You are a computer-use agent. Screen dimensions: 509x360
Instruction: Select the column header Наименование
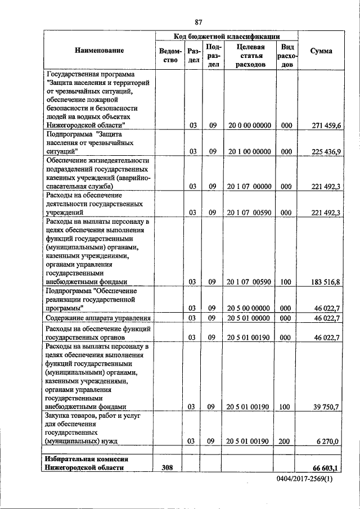tap(99, 51)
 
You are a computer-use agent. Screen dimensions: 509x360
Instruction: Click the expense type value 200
tap(286, 442)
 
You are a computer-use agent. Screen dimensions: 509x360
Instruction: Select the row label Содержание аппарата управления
tap(99, 318)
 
